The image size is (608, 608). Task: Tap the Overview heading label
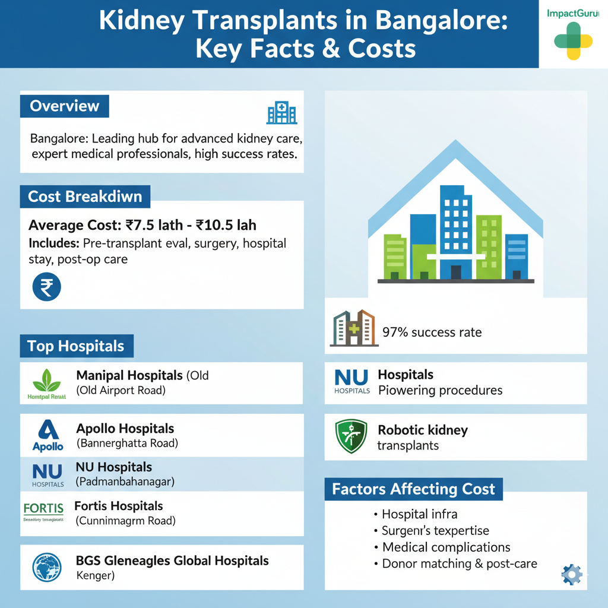(64, 106)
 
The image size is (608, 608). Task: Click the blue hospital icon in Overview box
(282, 112)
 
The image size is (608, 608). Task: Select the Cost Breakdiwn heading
(85, 197)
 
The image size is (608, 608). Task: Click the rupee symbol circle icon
(46, 287)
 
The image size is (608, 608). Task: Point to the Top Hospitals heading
(76, 346)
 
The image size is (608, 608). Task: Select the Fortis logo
(43, 509)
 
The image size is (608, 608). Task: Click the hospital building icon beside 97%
(353, 328)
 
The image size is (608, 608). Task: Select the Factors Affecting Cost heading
(413, 489)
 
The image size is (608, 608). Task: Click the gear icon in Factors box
(572, 574)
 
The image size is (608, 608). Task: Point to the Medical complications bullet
(446, 547)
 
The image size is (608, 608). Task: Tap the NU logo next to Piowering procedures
(351, 381)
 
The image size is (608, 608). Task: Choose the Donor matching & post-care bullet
(459, 563)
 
